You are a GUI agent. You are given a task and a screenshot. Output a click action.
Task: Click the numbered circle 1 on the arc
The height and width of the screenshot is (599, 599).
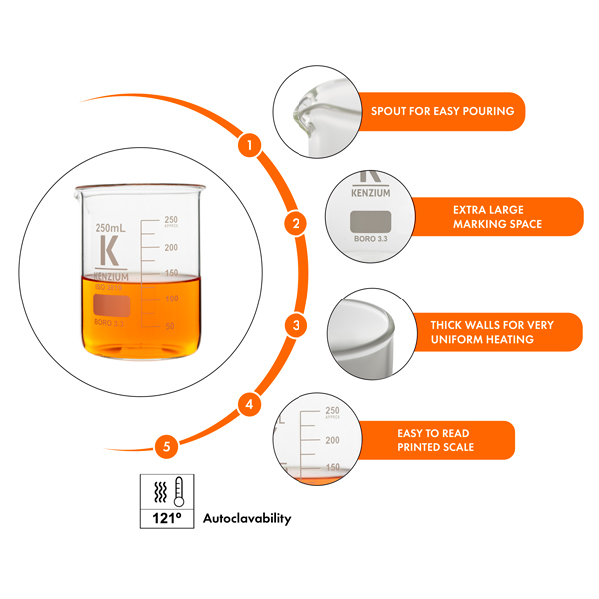(x=251, y=145)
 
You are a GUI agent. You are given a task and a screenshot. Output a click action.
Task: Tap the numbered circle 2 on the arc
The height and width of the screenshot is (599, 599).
(x=295, y=223)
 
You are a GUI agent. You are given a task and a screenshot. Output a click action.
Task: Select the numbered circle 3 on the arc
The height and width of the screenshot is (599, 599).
(x=296, y=324)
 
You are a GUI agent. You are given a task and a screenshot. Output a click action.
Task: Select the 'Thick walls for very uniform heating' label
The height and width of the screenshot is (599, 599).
(x=491, y=332)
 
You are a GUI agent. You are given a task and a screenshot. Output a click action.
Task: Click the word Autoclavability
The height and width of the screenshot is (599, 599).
(x=247, y=519)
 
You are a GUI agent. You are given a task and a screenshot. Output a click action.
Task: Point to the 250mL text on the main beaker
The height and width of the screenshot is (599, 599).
(x=112, y=228)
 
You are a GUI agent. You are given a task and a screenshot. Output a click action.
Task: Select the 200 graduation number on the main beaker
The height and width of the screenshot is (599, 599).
(x=170, y=246)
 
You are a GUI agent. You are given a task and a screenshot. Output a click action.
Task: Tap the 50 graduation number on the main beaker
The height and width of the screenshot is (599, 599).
(x=170, y=325)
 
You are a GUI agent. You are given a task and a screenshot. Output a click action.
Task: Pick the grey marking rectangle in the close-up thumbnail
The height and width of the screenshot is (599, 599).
(x=366, y=222)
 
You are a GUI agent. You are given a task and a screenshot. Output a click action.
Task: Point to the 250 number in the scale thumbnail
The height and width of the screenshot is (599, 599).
(x=334, y=410)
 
